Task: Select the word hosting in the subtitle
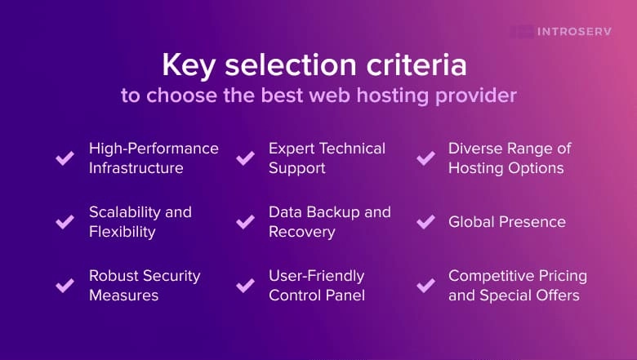point(381,96)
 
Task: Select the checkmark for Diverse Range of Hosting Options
point(425,158)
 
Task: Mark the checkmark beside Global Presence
point(425,222)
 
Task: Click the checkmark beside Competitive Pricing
point(425,285)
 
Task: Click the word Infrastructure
point(136,168)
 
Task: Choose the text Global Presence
point(506,222)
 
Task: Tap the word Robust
point(114,276)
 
